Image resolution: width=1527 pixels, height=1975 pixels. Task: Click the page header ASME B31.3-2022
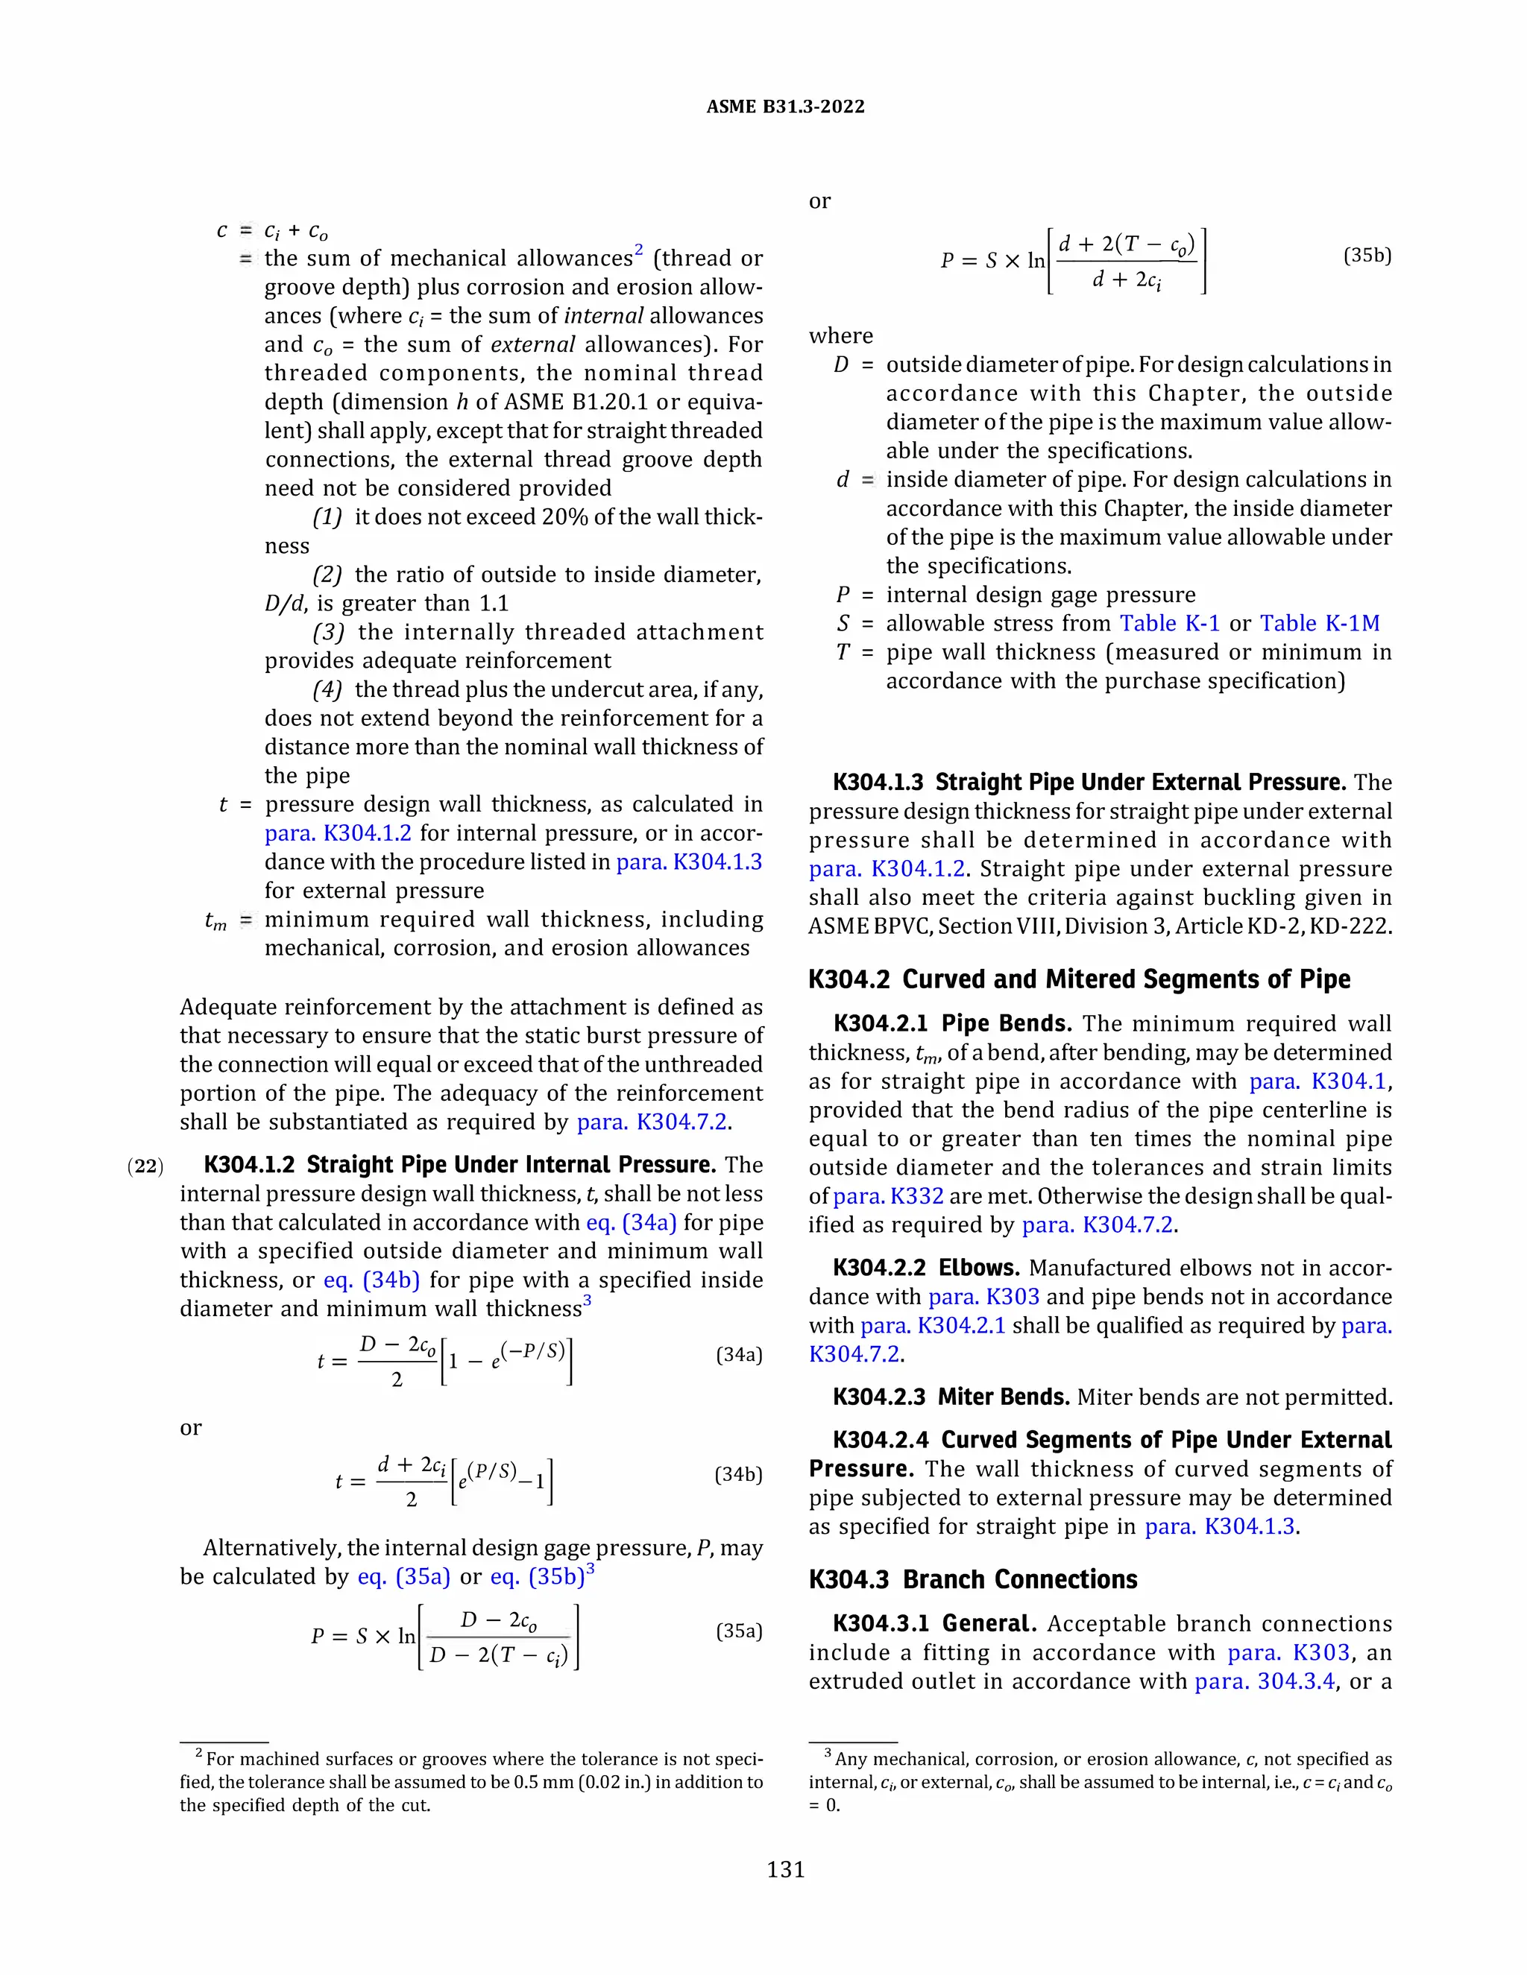(x=784, y=107)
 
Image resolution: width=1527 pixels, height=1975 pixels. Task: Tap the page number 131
(x=785, y=1869)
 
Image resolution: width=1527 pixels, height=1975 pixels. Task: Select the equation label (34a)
(x=738, y=1355)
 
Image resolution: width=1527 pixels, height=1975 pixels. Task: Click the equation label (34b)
(x=738, y=1474)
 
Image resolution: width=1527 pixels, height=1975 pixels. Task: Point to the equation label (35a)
(x=738, y=1631)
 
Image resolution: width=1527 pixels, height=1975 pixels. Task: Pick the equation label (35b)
(x=1367, y=255)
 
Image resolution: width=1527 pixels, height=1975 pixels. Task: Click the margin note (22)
(x=145, y=1166)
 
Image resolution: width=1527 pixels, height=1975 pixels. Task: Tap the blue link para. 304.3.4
(x=1264, y=1681)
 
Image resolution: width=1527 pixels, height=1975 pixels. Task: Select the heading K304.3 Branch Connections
(x=972, y=1579)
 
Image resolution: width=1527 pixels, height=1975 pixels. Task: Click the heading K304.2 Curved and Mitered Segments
(x=1078, y=979)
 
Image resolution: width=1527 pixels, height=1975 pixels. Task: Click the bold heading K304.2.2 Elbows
(x=925, y=1268)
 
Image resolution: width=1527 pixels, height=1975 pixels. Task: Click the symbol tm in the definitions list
(x=215, y=920)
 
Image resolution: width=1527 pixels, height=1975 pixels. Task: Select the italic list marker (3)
(x=327, y=632)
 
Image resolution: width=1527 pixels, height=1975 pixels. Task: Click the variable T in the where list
(x=843, y=652)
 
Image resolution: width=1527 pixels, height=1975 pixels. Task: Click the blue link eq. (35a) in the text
(x=403, y=1576)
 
